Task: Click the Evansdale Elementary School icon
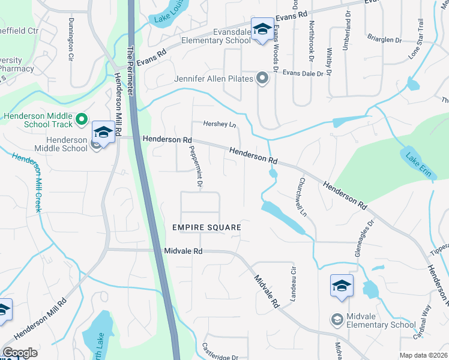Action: coord(262,31)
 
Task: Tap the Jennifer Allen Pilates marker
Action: coord(262,78)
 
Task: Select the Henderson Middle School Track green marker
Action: coord(83,122)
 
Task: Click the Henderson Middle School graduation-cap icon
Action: coord(103,133)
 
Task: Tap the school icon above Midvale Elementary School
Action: coord(342,287)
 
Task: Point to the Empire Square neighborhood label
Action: coord(206,228)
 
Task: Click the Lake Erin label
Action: coord(418,160)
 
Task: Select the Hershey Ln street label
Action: coord(220,124)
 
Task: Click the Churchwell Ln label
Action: coord(303,197)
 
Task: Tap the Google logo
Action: coord(20,353)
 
